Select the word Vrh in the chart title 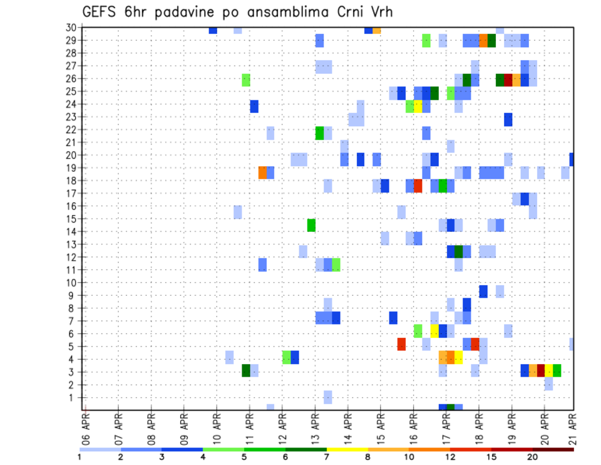[x=379, y=12]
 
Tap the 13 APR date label [x=314, y=429]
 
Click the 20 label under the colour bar [x=533, y=457]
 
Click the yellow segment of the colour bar [x=347, y=449]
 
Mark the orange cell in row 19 [x=262, y=172]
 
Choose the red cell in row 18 [x=418, y=186]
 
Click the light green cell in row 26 [x=246, y=80]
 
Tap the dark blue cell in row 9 [x=483, y=291]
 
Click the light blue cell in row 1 [x=327, y=397]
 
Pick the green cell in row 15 [x=311, y=225]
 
